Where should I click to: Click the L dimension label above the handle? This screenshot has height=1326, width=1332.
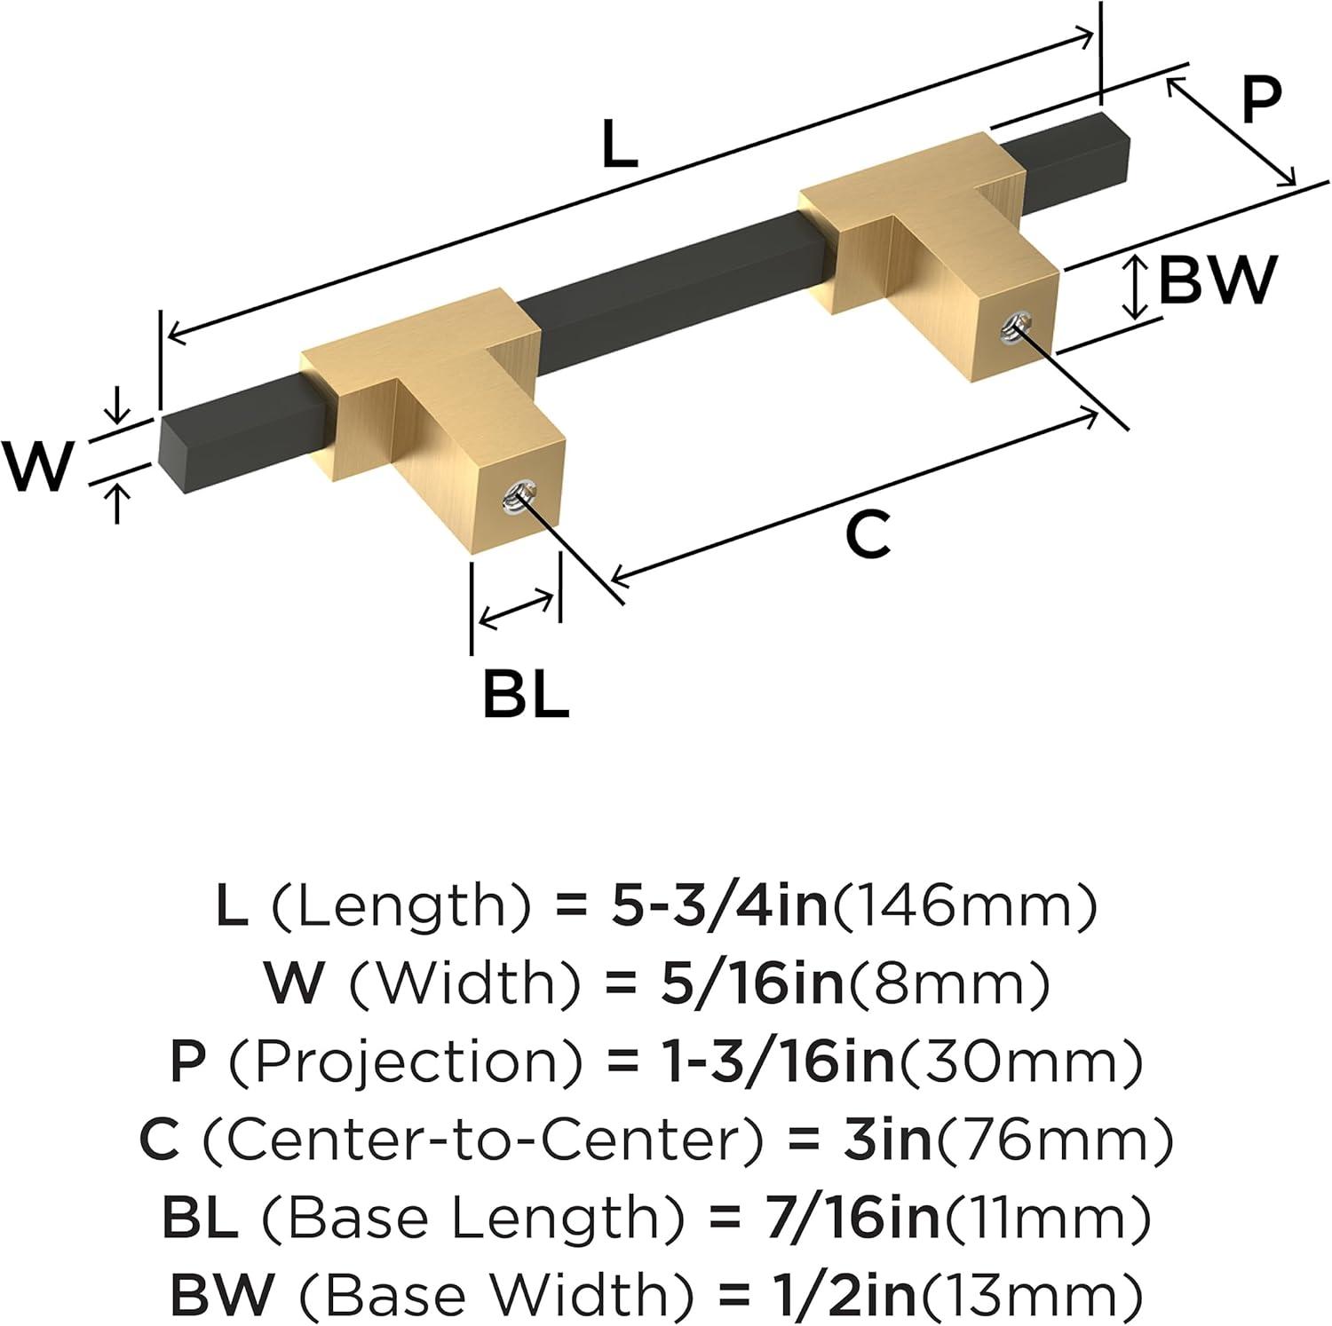pyautogui.click(x=619, y=144)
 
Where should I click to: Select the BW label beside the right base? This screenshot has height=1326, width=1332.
pyautogui.click(x=1217, y=280)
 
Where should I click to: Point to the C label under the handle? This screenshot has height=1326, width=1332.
pyautogui.click(x=868, y=535)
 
